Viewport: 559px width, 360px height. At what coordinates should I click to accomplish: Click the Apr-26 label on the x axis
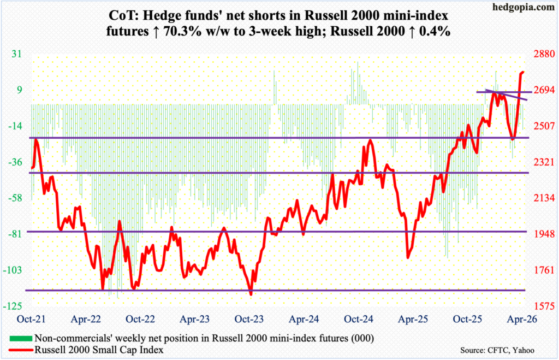tap(524, 319)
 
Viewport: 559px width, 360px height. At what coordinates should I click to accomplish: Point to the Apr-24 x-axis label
tap(303, 319)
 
